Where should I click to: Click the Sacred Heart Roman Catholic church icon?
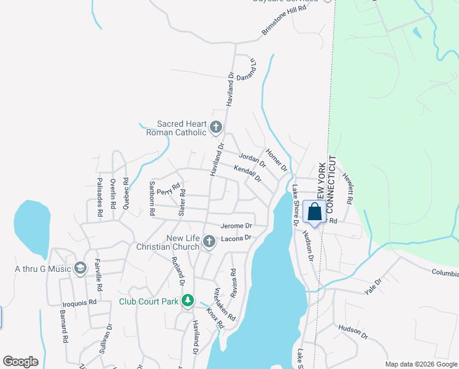pyautogui.click(x=215, y=127)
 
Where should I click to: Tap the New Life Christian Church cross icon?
pyautogui.click(x=209, y=242)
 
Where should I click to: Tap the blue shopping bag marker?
pyautogui.click(x=314, y=212)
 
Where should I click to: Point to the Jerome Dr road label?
pyautogui.click(x=237, y=226)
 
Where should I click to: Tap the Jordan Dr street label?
pyautogui.click(x=252, y=160)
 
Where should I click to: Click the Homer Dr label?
pyautogui.click(x=277, y=160)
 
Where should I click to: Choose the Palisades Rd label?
pyautogui.click(x=99, y=197)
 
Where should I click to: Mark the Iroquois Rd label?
pyautogui.click(x=80, y=302)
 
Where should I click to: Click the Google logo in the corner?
pyautogui.click(x=20, y=362)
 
